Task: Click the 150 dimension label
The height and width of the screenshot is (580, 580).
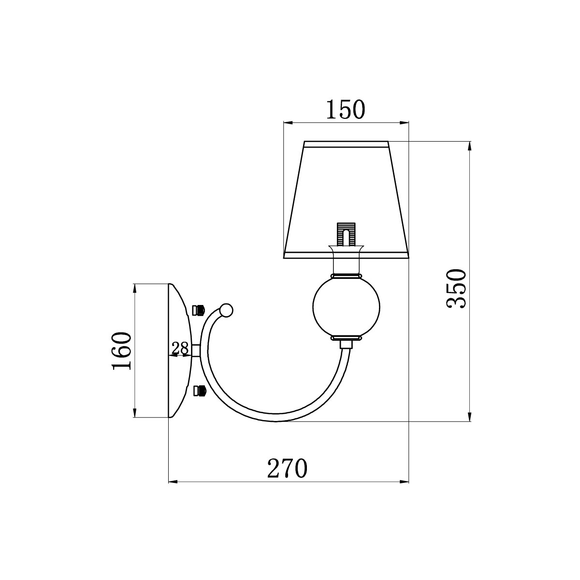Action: coord(345,109)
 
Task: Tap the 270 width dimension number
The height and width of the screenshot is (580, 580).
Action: coord(287,468)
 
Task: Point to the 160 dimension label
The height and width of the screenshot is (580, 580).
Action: coord(122,351)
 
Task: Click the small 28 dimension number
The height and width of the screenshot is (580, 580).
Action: coord(180,348)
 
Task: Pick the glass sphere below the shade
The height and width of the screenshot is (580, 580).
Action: coord(346,307)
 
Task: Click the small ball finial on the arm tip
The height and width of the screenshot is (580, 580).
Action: coord(226,310)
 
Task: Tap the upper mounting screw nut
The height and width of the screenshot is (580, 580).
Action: coord(199,310)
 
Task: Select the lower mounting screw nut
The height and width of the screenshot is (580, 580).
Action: coord(199,391)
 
